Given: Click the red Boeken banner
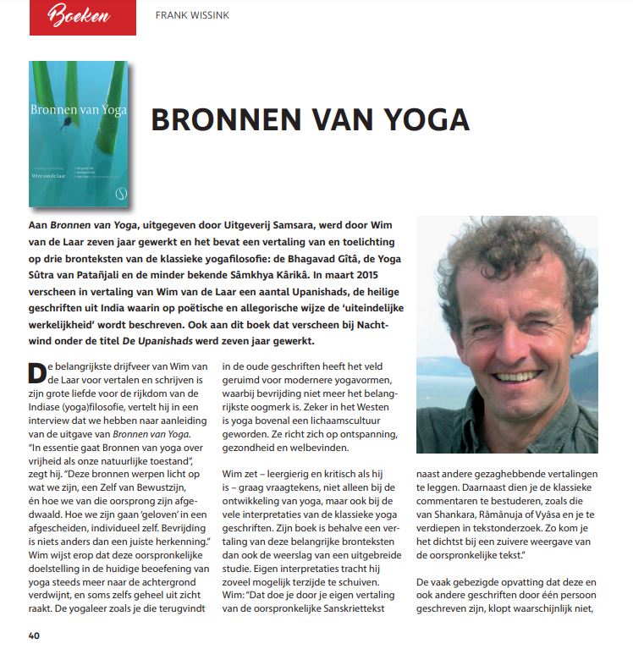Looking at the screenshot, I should tap(82, 17).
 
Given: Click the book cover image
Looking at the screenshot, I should tap(79, 134).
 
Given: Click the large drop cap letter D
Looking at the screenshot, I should tap(38, 374).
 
